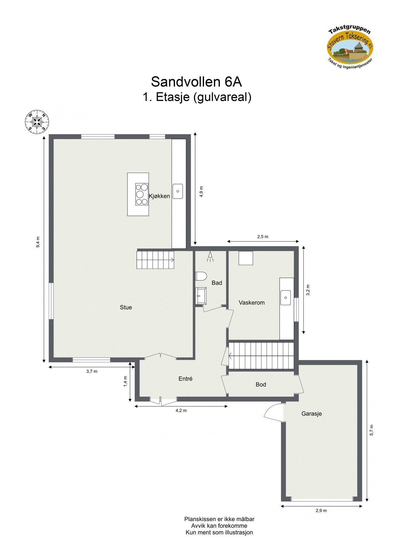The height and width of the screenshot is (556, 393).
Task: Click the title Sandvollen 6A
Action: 196,82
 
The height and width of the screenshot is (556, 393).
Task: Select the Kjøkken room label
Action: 159,196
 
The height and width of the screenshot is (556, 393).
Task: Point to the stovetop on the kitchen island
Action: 142,194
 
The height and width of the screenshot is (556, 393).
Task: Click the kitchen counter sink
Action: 178,191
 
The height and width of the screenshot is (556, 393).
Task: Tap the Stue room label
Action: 126,307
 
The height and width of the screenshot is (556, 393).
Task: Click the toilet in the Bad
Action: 201,276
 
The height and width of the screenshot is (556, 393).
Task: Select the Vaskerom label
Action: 252,303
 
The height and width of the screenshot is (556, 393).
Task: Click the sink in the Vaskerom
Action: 286,298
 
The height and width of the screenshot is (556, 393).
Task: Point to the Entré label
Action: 186,379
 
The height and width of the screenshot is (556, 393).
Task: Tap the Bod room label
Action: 261,385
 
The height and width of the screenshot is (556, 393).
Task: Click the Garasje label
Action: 311,414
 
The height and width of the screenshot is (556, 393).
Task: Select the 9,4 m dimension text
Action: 38,242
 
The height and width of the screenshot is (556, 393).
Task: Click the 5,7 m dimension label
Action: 372,430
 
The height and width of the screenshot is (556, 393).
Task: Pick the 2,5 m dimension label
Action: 263,237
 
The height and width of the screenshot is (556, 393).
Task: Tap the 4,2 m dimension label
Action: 181,411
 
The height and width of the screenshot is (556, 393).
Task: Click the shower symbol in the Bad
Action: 210,256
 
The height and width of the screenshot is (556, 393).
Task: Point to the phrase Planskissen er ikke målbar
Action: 219,519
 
